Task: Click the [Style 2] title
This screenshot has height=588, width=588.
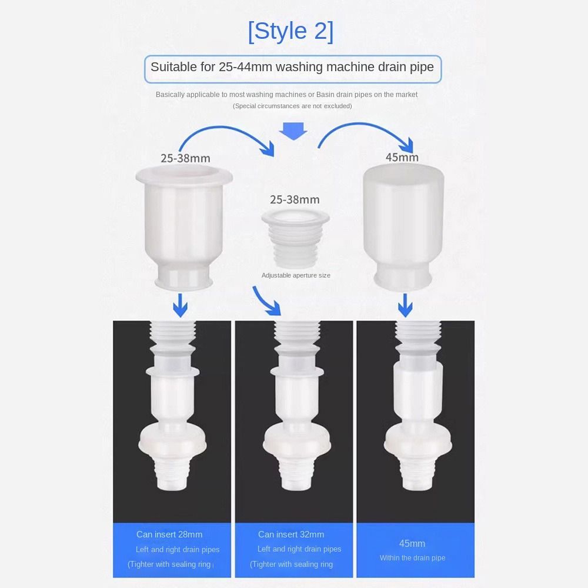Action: coord(290,31)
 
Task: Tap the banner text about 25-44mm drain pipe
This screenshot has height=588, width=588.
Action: coord(292,67)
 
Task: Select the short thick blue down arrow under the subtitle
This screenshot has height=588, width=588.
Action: coord(293,131)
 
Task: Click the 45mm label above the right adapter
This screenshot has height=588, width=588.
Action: coord(402,157)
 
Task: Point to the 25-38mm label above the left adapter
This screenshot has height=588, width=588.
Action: coord(185,158)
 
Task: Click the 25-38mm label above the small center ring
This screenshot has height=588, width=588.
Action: coord(295,199)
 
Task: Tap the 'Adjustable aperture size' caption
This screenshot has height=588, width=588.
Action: coord(296,275)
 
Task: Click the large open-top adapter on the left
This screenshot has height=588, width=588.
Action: coord(183,226)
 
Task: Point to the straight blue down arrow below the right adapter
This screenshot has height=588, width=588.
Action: coord(405,305)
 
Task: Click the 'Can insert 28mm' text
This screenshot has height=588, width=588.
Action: coord(169,534)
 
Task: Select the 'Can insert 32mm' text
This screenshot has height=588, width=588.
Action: coord(291,534)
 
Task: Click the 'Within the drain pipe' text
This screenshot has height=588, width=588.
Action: coord(412,558)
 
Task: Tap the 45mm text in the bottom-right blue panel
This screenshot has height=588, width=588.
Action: coord(412,543)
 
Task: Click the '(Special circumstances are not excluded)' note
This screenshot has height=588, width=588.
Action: coord(292,106)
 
